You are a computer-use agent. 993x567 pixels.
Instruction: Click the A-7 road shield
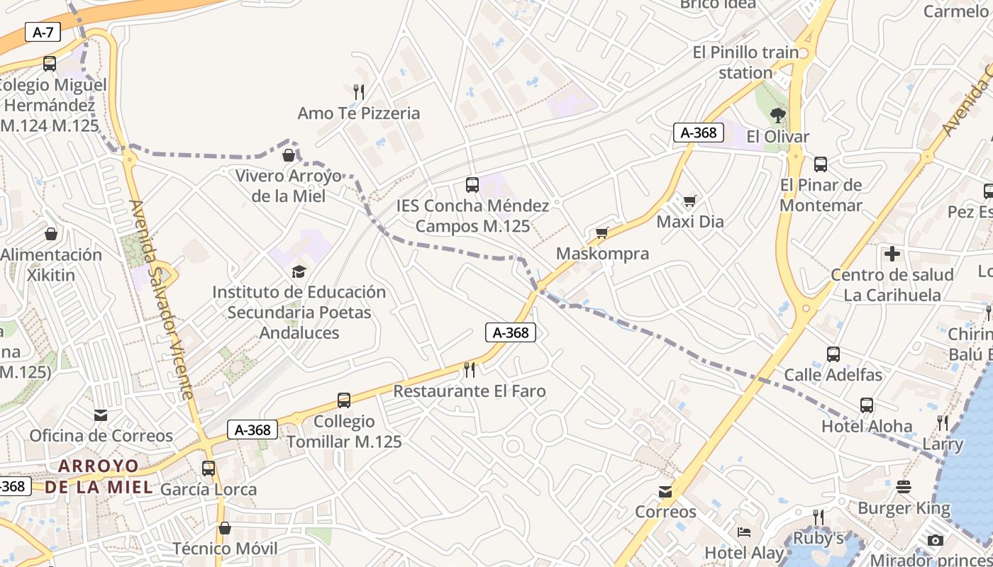pyautogui.click(x=43, y=32)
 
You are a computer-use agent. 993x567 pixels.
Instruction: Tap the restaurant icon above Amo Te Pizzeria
pyautogui.click(x=359, y=91)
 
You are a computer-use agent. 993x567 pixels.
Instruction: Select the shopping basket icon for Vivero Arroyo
pyautogui.click(x=289, y=155)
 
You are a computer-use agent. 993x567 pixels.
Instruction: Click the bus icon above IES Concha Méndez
pyautogui.click(x=472, y=185)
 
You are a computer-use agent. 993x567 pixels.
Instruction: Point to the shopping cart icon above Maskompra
pyautogui.click(x=602, y=232)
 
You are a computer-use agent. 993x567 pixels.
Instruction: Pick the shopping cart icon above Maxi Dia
pyautogui.click(x=689, y=201)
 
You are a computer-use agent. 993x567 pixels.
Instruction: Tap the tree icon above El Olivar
pyautogui.click(x=778, y=116)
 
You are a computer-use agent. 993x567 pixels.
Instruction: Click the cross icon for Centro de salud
pyautogui.click(x=892, y=253)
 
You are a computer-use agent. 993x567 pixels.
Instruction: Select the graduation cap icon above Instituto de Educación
pyautogui.click(x=299, y=271)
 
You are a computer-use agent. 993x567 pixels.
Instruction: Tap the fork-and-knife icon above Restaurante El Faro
pyautogui.click(x=469, y=369)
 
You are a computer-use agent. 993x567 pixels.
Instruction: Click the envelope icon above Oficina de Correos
pyautogui.click(x=101, y=415)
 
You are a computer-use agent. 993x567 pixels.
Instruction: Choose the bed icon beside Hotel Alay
pyautogui.click(x=744, y=532)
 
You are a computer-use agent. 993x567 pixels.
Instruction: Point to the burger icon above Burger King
pyautogui.click(x=904, y=487)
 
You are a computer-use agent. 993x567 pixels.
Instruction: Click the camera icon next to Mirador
pyautogui.click(x=936, y=540)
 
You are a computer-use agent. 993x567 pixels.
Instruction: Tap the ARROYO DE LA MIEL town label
pyautogui.click(x=99, y=476)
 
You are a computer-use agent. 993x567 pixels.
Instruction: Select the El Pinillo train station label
pyautogui.click(x=745, y=62)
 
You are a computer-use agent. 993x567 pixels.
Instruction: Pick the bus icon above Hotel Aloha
pyautogui.click(x=867, y=405)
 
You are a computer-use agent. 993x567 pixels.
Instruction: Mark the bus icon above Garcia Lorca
pyautogui.click(x=209, y=468)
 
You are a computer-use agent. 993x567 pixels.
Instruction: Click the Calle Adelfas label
pyautogui.click(x=833, y=375)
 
